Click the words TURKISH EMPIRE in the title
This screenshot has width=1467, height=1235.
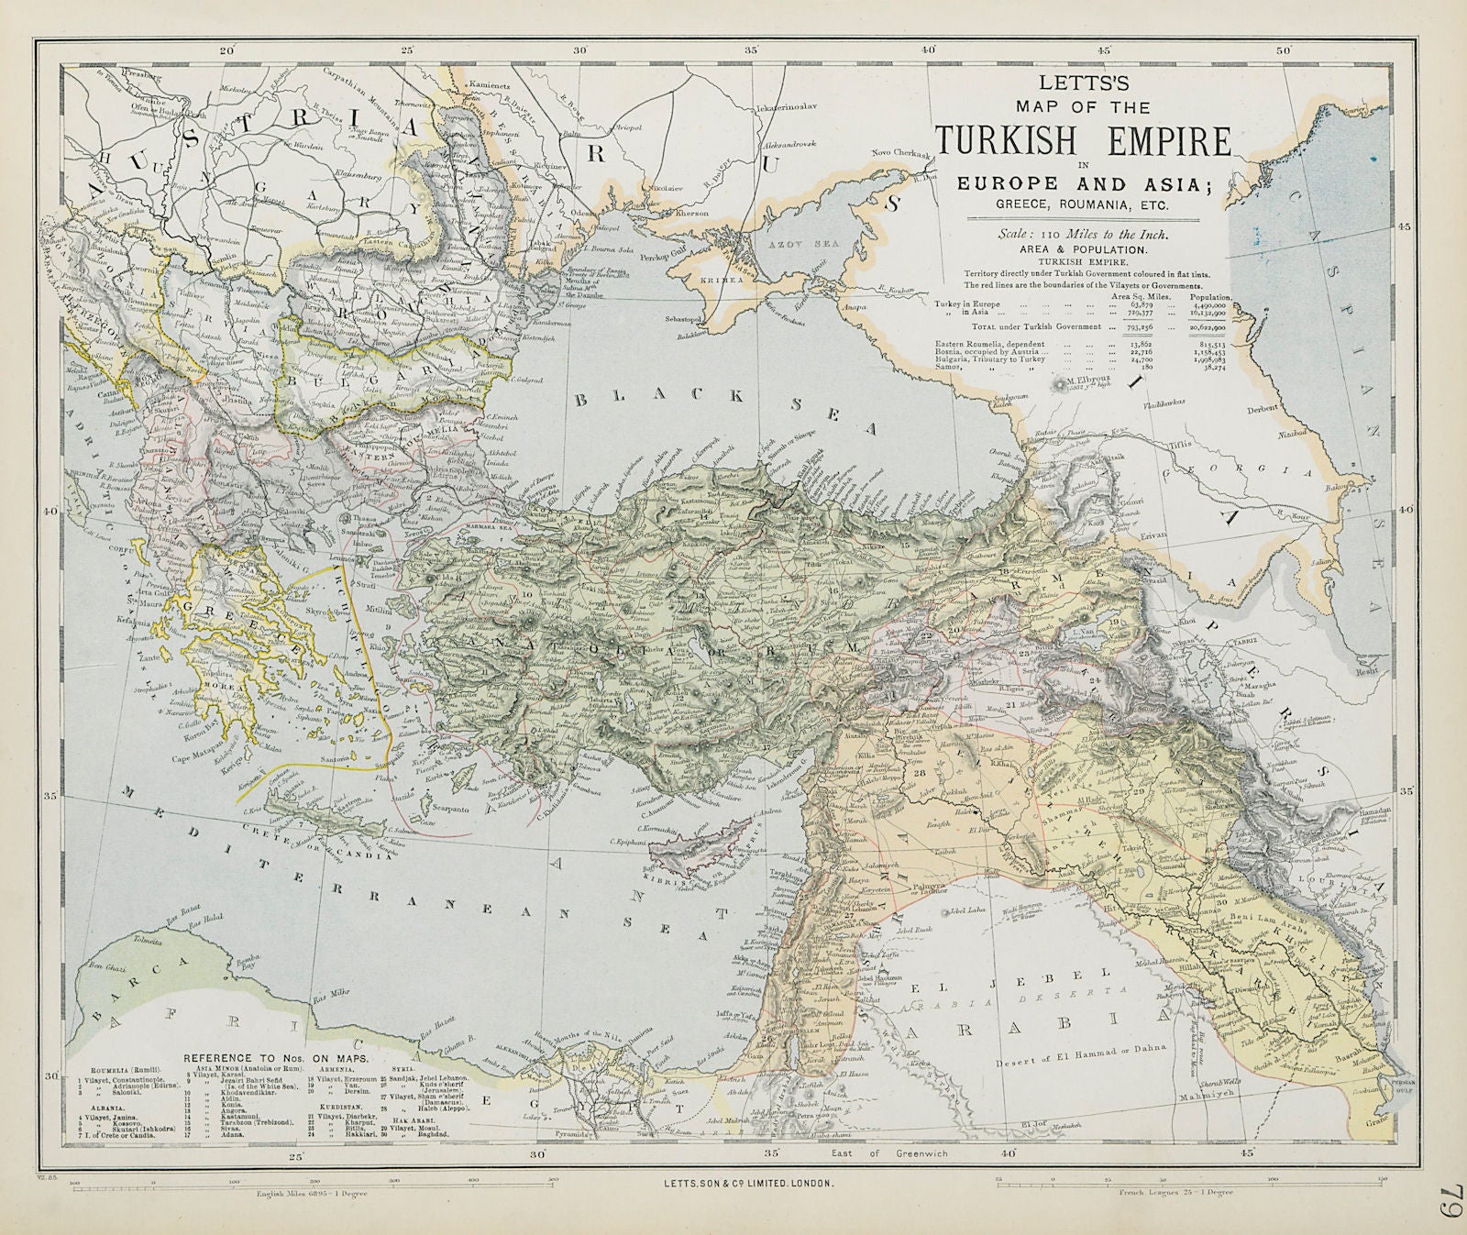1083,139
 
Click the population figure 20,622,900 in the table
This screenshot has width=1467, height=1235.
1208,326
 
